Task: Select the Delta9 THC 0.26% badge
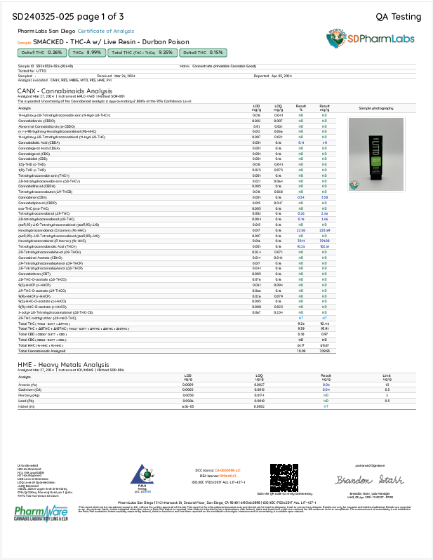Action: tap(41, 52)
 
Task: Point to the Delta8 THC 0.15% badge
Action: tap(202, 52)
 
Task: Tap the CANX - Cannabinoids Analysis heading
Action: tap(65, 91)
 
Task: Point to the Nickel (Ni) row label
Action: tap(27, 406)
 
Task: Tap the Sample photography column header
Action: tap(376, 108)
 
